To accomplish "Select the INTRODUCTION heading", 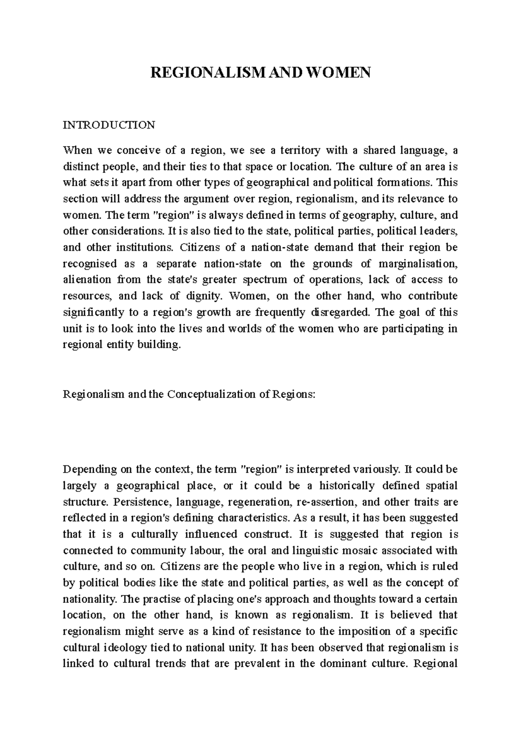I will click(x=109, y=125).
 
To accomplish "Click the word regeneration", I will click(x=259, y=502).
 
